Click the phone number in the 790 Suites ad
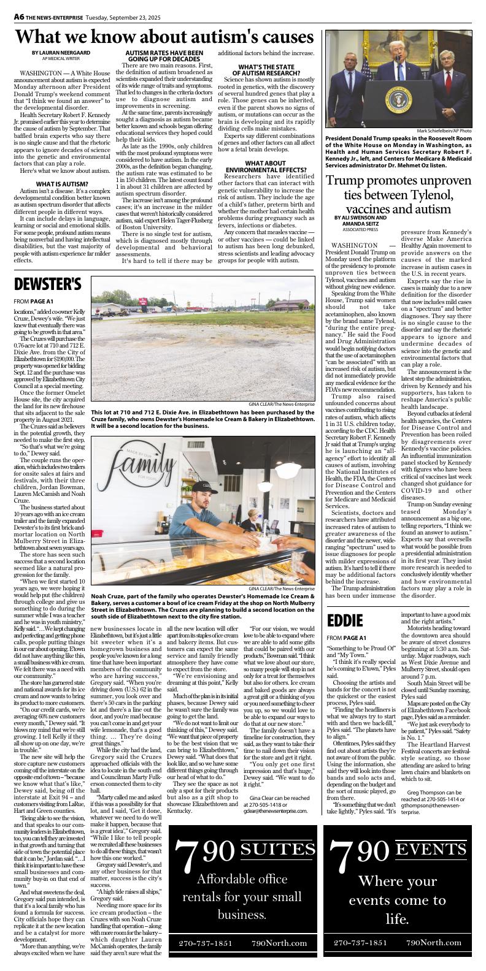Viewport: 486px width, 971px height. pos(203,943)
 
